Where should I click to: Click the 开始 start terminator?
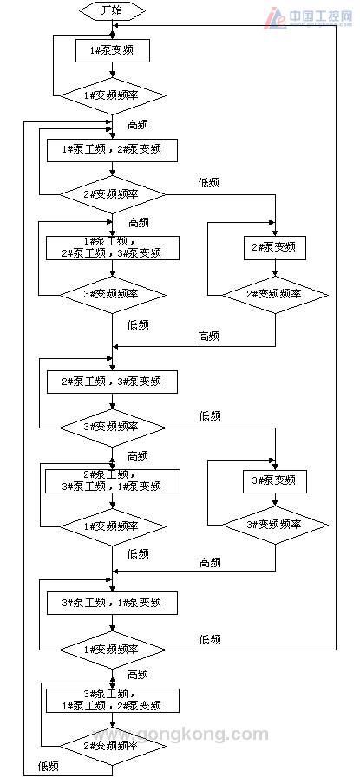click(112, 11)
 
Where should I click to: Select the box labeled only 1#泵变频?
click(112, 51)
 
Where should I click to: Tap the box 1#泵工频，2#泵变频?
click(112, 150)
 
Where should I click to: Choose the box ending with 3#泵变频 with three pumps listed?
click(112, 247)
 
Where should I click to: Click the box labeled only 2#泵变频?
click(274, 248)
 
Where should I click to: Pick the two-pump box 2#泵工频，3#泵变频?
click(112, 382)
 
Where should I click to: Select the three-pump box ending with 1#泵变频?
click(112, 480)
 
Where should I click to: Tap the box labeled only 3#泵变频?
click(274, 480)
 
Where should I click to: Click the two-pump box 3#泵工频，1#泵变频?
click(112, 603)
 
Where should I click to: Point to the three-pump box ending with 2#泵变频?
click(112, 700)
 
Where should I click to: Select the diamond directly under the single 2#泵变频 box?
click(274, 294)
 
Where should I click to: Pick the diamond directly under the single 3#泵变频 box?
click(274, 525)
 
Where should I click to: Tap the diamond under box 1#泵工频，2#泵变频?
click(112, 194)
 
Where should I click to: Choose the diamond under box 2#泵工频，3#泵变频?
click(112, 426)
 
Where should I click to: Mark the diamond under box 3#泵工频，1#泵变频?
click(112, 649)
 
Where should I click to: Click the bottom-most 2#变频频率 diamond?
click(112, 745)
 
